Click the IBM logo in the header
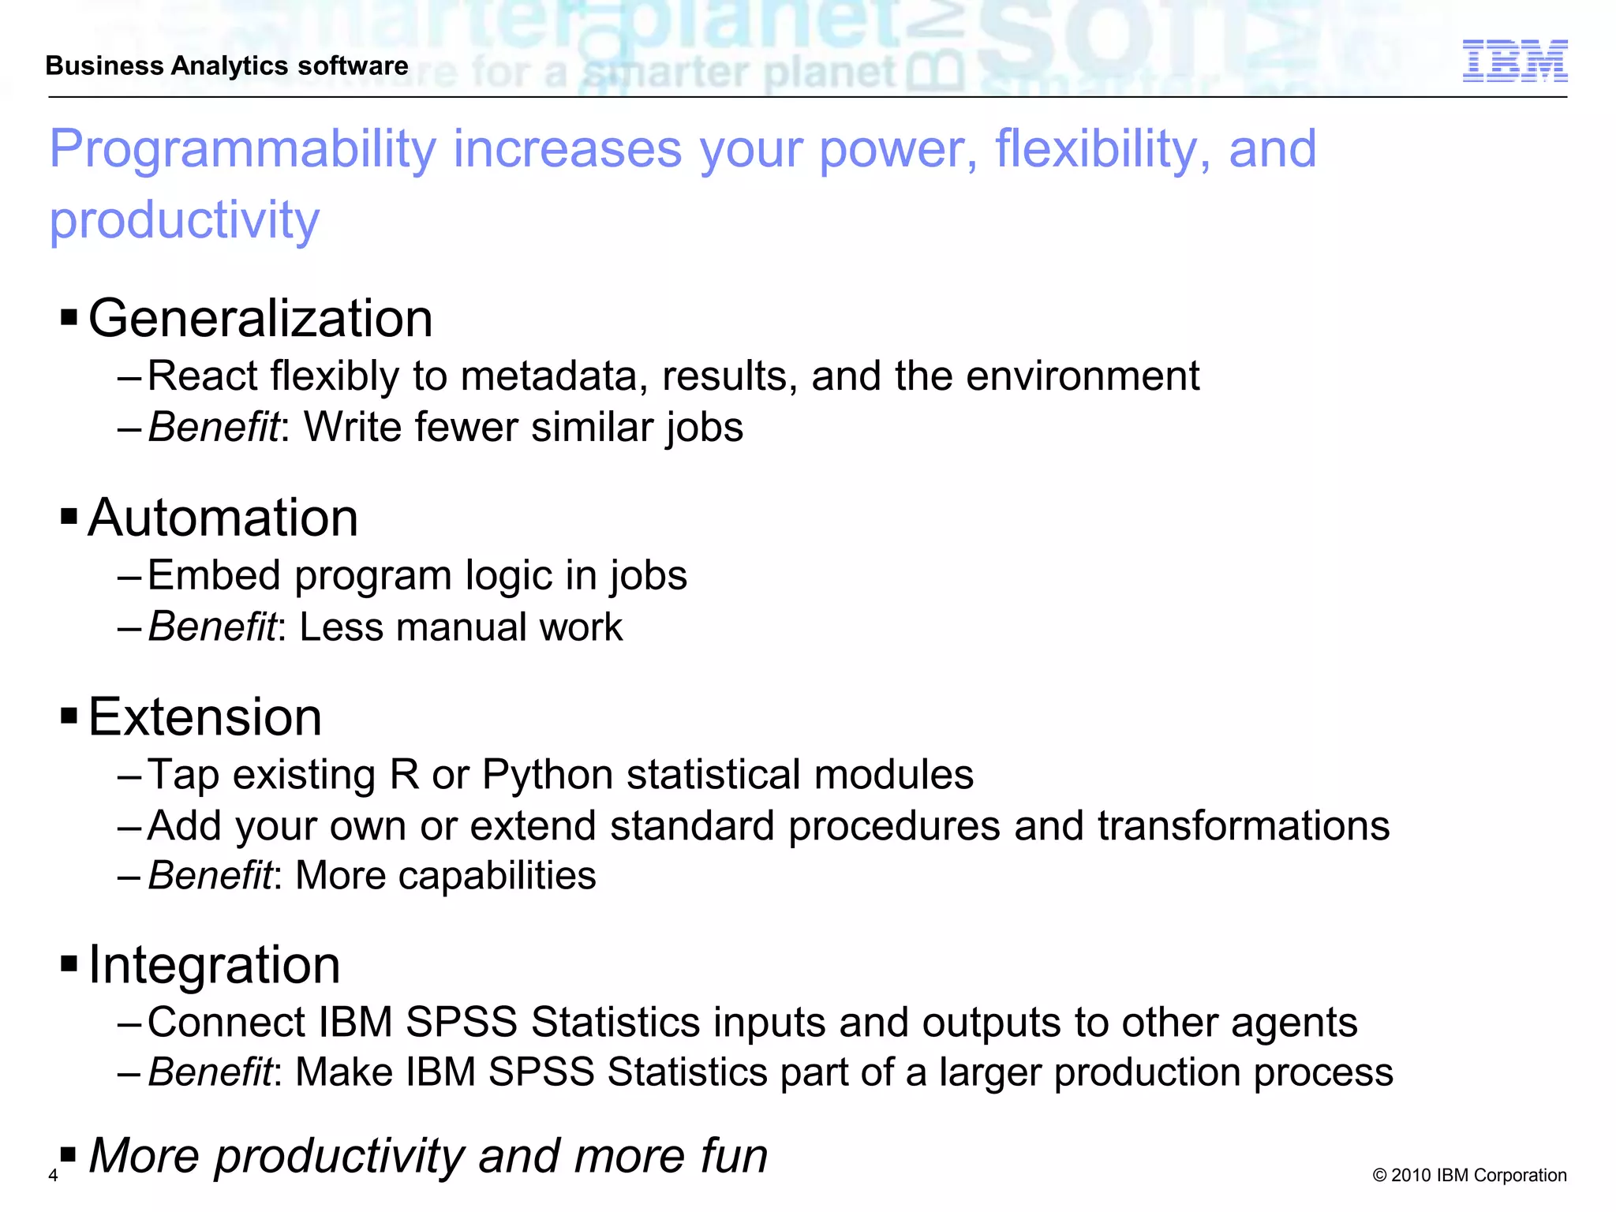click(1514, 61)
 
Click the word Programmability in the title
click(242, 149)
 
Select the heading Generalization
click(260, 319)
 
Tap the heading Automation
click(223, 518)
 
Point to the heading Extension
click(205, 717)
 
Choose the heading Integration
click(215, 965)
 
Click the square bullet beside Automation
click(69, 518)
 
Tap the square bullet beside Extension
click(69, 716)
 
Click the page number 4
click(53, 1176)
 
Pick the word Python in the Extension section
click(548, 775)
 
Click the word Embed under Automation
click(214, 575)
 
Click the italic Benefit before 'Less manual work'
click(212, 627)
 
